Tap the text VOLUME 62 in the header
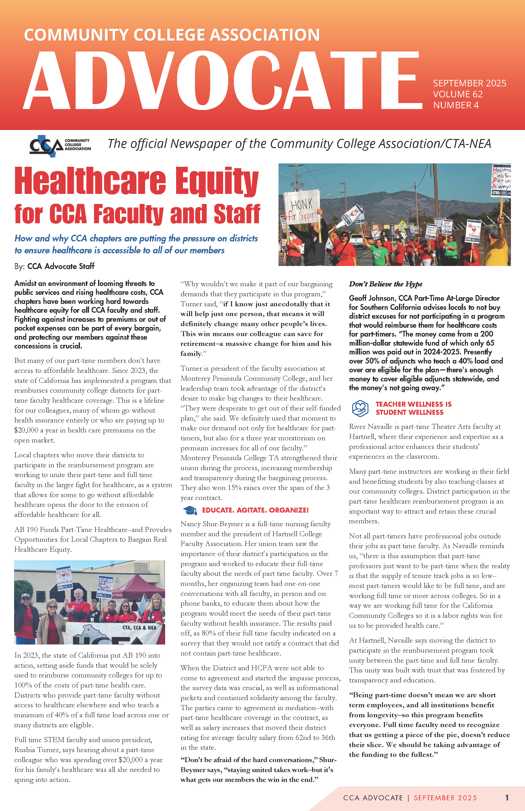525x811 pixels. click(457, 94)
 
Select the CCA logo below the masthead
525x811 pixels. click(60, 146)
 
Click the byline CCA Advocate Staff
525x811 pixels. click(61, 266)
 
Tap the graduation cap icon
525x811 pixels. click(190, 510)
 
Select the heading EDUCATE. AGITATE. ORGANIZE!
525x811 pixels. click(255, 510)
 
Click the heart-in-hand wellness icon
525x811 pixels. click(360, 408)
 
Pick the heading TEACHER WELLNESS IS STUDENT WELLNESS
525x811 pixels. click(413, 408)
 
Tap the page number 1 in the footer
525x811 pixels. click(507, 798)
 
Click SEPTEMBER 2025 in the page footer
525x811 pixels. click(445, 798)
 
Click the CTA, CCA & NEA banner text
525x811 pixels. click(139, 628)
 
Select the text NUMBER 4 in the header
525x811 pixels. click(456, 105)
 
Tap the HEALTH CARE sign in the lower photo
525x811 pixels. click(64, 577)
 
